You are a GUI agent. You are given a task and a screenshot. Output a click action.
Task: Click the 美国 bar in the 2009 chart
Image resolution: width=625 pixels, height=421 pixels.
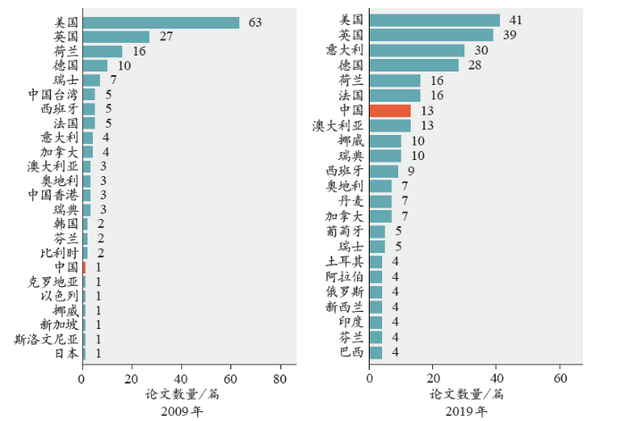click(161, 22)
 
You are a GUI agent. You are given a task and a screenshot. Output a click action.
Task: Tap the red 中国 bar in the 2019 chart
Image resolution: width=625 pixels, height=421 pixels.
click(389, 110)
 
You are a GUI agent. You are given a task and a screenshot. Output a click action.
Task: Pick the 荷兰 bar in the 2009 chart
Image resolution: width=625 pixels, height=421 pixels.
click(102, 51)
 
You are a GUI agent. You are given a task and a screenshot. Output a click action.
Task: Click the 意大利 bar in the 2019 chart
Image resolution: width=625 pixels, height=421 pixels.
click(416, 50)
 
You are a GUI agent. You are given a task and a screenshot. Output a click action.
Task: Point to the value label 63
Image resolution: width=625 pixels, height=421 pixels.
click(253, 22)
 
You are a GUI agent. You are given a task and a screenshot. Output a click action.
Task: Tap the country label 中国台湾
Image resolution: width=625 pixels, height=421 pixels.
click(53, 94)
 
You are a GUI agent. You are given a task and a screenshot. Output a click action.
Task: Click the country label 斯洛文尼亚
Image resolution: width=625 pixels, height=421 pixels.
click(46, 339)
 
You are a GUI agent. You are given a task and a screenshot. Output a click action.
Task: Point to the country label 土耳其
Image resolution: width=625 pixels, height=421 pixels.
click(345, 261)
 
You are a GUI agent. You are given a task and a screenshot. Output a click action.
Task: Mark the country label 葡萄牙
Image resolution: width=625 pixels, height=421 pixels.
click(345, 232)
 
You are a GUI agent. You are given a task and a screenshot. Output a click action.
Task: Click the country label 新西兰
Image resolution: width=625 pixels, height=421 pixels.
click(345, 307)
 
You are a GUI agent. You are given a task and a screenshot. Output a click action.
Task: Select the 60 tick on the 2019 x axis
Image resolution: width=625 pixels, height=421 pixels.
click(561, 377)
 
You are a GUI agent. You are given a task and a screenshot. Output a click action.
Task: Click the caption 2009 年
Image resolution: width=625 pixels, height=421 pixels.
click(181, 411)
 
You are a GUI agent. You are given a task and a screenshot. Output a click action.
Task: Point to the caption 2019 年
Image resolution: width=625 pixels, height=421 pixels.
click(467, 411)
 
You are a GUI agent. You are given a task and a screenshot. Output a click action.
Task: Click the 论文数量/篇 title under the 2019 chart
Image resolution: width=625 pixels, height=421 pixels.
click(467, 393)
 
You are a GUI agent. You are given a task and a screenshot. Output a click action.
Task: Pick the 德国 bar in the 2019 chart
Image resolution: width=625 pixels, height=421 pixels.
click(413, 65)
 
